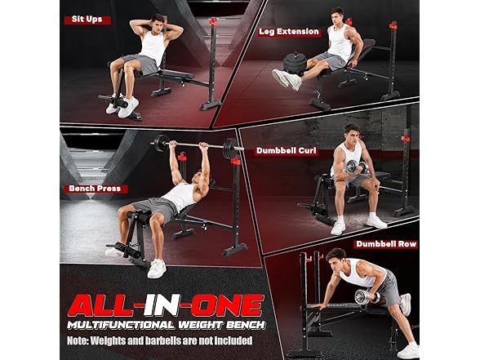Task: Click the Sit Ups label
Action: click(87, 20)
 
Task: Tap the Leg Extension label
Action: click(289, 32)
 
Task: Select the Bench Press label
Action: click(95, 189)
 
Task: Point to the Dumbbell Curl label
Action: click(287, 150)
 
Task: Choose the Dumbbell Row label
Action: click(386, 244)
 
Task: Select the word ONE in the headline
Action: click(227, 305)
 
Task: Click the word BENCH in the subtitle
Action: click(246, 325)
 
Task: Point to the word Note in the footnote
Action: click(77, 340)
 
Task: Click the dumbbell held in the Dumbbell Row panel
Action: click(367, 297)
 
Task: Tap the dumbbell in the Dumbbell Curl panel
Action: click(357, 167)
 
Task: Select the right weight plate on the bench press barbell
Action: click(230, 149)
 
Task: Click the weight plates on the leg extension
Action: click(295, 63)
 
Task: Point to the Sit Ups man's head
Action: click(158, 22)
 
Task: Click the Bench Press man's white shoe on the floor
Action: click(157, 269)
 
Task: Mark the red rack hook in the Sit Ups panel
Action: click(213, 22)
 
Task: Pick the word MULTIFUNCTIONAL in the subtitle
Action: click(121, 325)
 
